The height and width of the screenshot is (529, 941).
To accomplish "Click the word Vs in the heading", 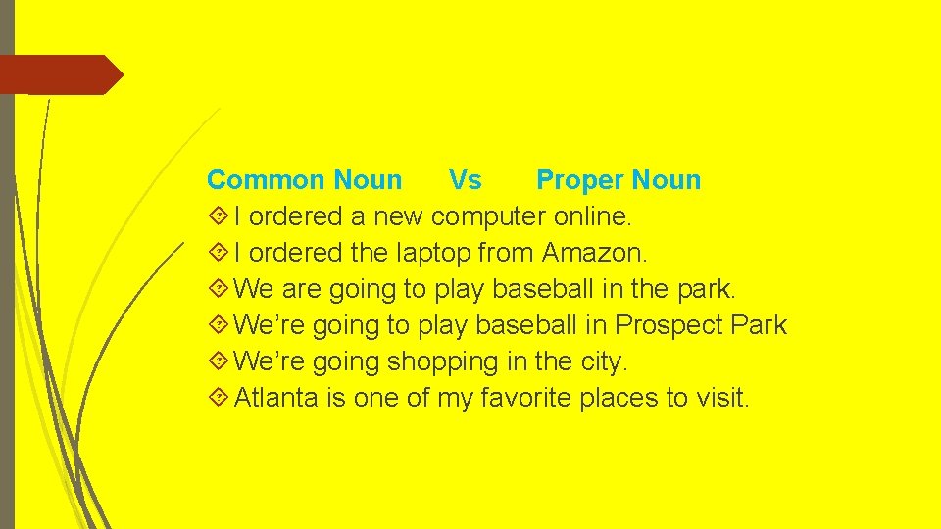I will tap(465, 180).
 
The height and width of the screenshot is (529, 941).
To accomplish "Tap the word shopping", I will tap(443, 361).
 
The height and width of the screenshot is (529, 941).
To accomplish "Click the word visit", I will tap(719, 398).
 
